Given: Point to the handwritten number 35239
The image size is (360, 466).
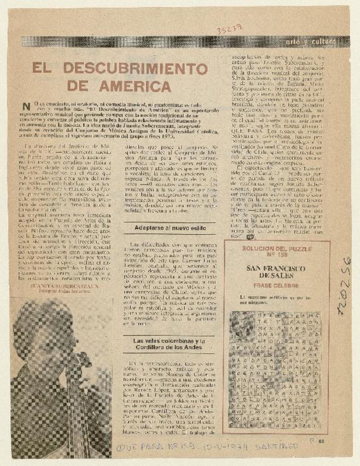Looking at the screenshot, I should click(229, 30).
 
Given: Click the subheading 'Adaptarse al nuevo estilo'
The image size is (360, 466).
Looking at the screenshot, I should click(170, 228).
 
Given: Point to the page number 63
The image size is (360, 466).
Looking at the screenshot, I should click(321, 442).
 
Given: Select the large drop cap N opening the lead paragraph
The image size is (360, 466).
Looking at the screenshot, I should click(28, 106).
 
